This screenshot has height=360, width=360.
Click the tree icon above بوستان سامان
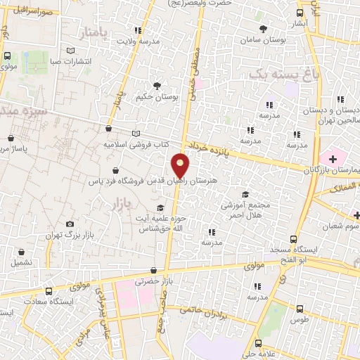pos(263,29)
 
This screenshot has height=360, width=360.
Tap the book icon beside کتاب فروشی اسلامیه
pos(136,134)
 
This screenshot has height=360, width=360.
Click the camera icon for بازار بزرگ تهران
pos(69,224)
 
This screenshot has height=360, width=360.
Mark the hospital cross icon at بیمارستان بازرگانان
pos(332,156)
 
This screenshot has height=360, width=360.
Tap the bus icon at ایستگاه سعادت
pos(48,291)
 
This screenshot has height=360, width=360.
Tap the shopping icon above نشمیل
pos(21,252)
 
